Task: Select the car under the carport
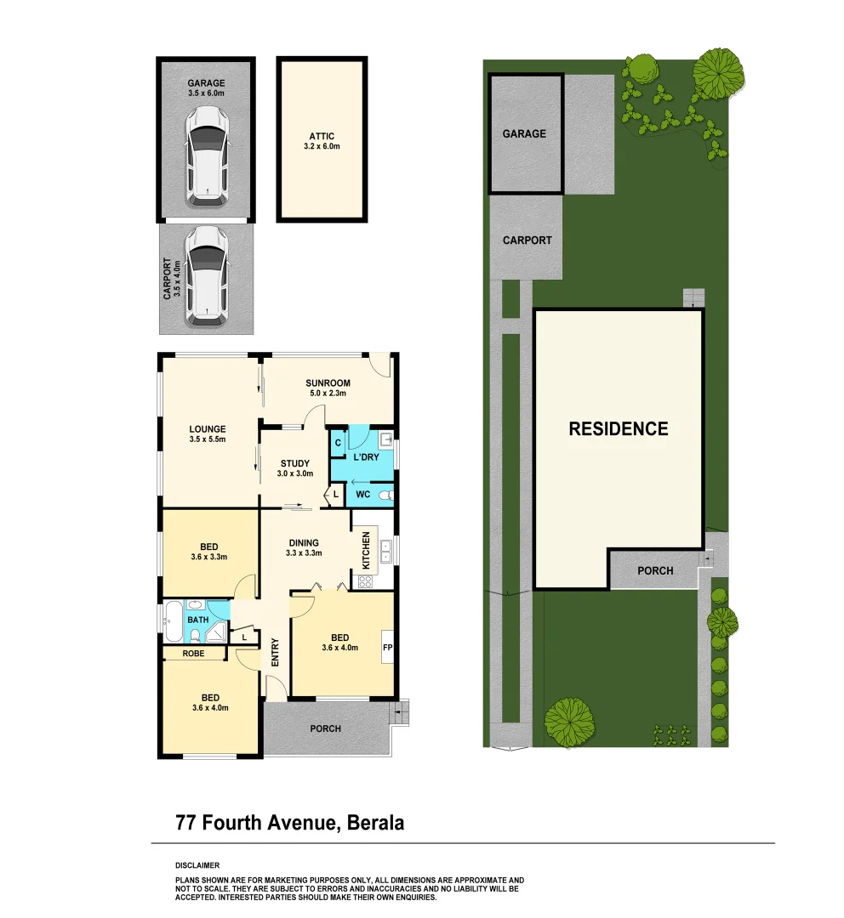coord(207,276)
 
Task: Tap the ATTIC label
coord(322,136)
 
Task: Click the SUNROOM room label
coord(326,382)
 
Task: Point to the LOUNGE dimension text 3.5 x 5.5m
coord(207,439)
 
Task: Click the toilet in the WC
coord(385,494)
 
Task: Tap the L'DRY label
coord(366,457)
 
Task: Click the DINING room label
coord(304,542)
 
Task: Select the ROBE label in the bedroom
coord(193,654)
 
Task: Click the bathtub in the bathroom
coord(174,622)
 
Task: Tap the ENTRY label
coord(275,651)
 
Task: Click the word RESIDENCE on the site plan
coord(618,429)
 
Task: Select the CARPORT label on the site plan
coord(527,241)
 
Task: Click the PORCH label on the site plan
coord(655,570)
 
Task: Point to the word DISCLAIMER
coord(197,864)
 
